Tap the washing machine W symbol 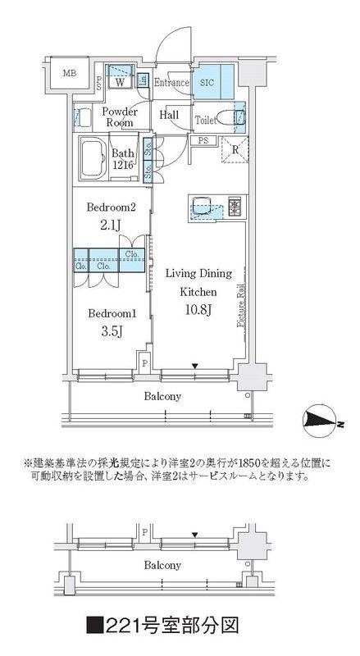(120, 81)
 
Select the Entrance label (171, 82)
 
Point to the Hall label (170, 116)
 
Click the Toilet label (206, 120)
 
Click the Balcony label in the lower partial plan (162, 565)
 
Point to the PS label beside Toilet (201, 141)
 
